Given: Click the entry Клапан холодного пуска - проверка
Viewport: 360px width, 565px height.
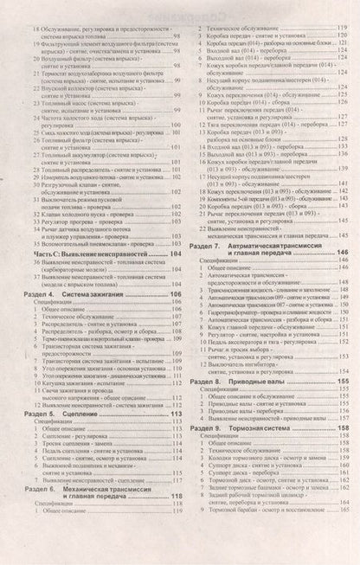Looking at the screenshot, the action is click(91, 213).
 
